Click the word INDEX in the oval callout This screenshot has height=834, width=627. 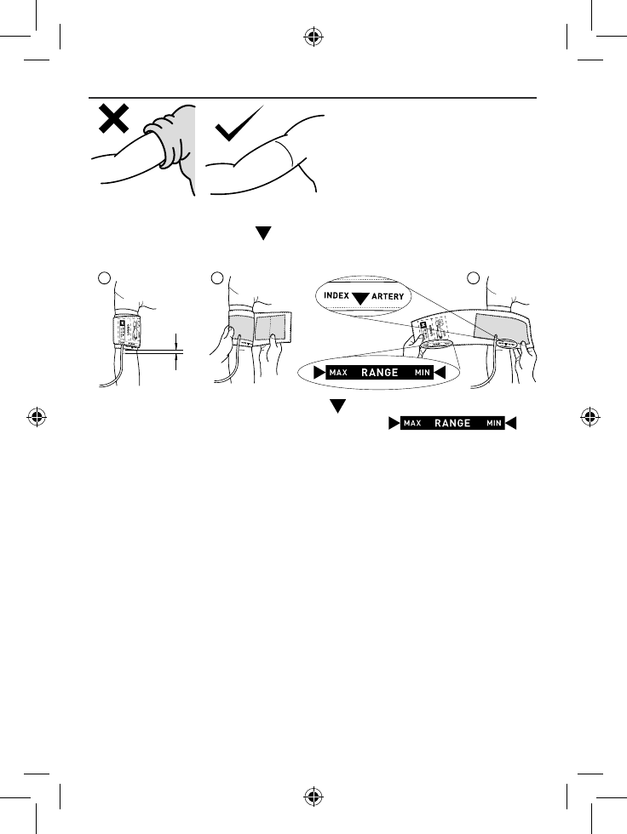[x=337, y=296]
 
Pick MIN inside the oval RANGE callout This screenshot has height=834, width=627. [x=421, y=372]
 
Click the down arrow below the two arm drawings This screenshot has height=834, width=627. [x=263, y=233]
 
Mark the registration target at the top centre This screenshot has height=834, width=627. [x=313, y=37]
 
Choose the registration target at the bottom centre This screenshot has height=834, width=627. [x=313, y=797]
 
